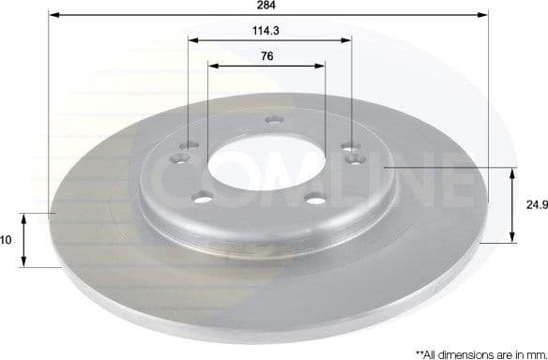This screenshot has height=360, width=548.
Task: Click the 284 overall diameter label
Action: coord(266,5)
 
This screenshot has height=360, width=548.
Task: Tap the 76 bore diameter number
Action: coord(266,55)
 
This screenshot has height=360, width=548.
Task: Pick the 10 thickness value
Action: coord(6,240)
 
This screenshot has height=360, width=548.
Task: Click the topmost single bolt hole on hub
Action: coord(274,119)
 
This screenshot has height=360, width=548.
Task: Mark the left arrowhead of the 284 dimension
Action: coord(53,16)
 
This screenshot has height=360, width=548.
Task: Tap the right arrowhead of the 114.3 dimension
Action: coord(348,40)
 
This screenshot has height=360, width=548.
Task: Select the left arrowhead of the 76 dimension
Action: coord(212,67)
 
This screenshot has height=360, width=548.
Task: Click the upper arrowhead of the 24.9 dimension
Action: coord(512,172)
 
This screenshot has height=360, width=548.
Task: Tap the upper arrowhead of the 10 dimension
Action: coord(24,217)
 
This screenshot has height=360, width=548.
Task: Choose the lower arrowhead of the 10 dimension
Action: coord(24,263)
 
